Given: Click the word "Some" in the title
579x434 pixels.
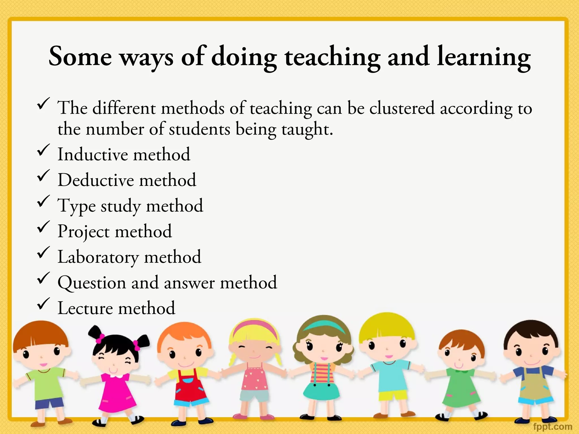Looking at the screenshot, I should (x=80, y=57).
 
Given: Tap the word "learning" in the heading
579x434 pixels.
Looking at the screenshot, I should (x=484, y=58).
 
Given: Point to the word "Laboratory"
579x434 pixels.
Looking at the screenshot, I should (x=98, y=257).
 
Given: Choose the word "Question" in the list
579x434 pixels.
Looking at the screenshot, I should (x=92, y=283).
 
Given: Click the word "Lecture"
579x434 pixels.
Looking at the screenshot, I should (x=85, y=308).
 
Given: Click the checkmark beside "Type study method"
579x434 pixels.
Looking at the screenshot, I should (x=44, y=201).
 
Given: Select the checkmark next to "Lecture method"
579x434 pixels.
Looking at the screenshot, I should (x=44, y=303).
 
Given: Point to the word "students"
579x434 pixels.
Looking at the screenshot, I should (x=199, y=129).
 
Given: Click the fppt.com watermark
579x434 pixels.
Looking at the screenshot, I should (x=552, y=426).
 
